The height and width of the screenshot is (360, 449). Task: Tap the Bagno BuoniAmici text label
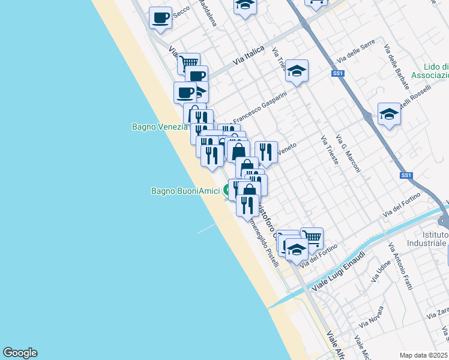click(185, 191)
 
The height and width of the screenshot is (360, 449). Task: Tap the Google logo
click(20, 353)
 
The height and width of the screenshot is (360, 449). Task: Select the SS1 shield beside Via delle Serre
click(338, 73)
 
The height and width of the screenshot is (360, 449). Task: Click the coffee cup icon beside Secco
click(160, 17)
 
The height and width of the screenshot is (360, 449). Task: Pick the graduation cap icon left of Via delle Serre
click(297, 71)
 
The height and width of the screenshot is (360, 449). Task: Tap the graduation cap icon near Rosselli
click(389, 113)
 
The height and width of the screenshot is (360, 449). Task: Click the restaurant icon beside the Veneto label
click(266, 152)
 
